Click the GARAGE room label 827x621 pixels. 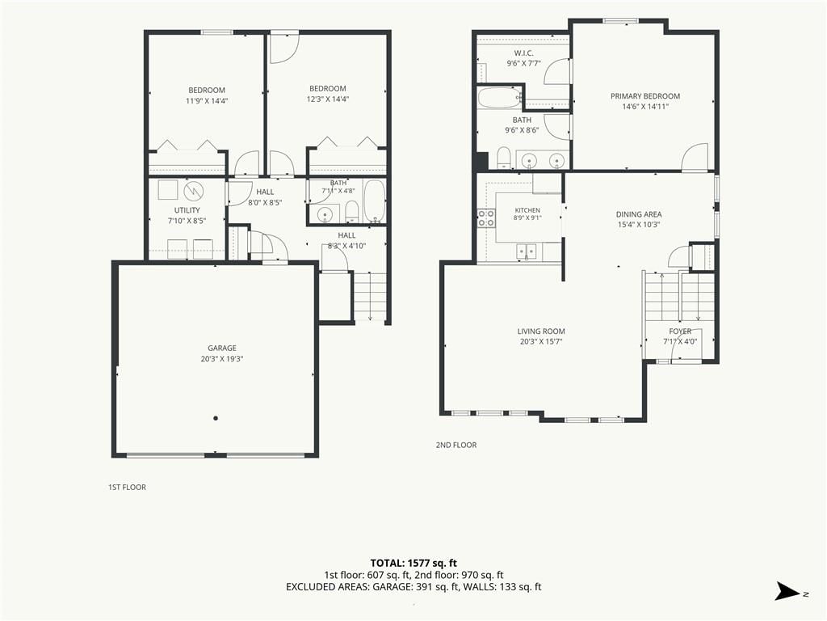tap(222, 348)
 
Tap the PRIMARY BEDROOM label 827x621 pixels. tap(645, 96)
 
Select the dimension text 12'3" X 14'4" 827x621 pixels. tap(328, 99)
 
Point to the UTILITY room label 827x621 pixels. tap(187, 210)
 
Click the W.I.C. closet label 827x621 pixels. tap(523, 53)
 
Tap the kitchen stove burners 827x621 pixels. tap(486, 218)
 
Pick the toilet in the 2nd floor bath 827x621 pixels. tap(504, 158)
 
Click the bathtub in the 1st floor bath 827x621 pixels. tap(375, 201)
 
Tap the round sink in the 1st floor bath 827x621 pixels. tap(325, 214)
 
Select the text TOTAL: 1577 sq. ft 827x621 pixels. tap(413, 563)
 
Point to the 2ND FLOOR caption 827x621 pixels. tap(456, 446)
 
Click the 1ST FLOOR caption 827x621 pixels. tap(127, 488)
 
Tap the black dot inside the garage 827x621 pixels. tap(216, 418)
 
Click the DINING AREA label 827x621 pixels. tap(639, 214)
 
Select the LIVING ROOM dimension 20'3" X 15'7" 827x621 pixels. tap(541, 342)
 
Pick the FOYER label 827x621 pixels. tap(680, 332)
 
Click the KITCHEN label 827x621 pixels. tap(527, 210)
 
